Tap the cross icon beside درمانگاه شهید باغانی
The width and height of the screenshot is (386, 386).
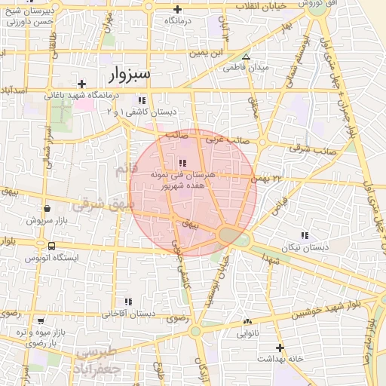[82, 84]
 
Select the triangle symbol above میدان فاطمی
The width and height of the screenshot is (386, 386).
[246, 57]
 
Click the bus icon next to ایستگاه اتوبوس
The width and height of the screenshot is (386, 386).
[51, 246]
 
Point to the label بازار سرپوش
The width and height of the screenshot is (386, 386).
[47, 221]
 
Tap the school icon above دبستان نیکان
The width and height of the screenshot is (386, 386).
[305, 235]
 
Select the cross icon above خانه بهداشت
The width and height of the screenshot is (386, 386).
[280, 348]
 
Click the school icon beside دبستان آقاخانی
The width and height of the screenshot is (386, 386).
[128, 302]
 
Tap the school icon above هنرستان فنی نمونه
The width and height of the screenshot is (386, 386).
[182, 163]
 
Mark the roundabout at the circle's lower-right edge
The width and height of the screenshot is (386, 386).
[230, 236]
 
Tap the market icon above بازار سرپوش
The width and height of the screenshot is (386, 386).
[47, 209]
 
